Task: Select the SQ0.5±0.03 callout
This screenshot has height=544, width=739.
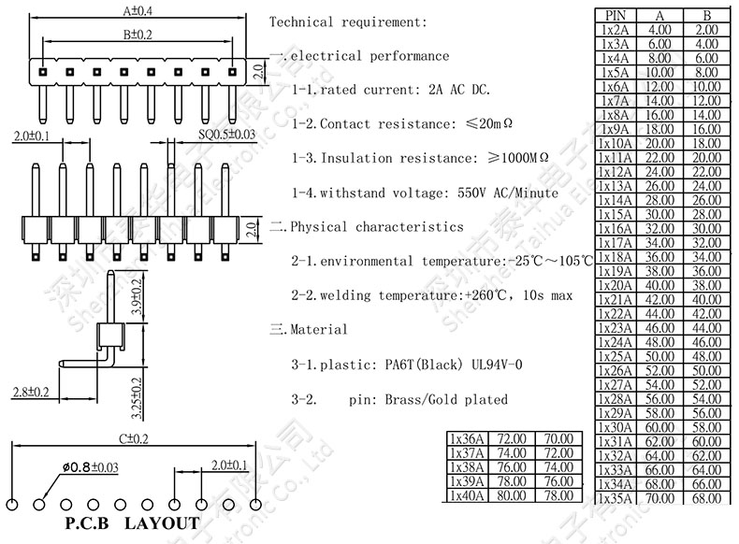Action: [226, 136]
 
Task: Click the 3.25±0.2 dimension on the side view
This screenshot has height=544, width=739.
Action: [137, 394]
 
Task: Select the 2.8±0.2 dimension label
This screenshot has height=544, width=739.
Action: [29, 391]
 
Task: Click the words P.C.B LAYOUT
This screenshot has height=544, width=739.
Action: [130, 523]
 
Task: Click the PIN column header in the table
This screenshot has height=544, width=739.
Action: [616, 15]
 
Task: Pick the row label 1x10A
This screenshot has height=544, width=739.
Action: [616, 143]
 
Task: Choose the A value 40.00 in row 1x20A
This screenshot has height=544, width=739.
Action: [659, 285]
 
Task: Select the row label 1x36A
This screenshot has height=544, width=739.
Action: [467, 438]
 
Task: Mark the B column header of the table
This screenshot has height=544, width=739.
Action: [706, 15]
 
